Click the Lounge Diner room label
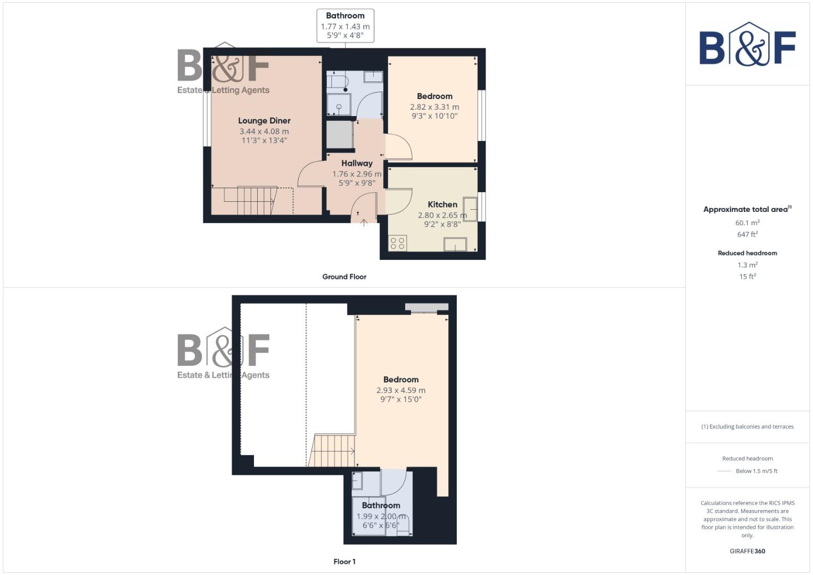264,121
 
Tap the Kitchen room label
442,204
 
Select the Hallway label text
357,163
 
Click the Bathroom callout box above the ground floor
345,26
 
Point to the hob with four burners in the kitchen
398,243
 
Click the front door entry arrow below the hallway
364,223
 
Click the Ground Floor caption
344,277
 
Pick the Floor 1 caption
344,562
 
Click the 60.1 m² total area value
747,223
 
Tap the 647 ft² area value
747,234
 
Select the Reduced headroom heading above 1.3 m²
747,253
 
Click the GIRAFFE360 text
747,551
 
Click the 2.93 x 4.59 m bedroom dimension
400,390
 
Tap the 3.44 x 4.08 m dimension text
264,132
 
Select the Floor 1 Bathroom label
381,505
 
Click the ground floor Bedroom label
434,96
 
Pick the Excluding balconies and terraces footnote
747,426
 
